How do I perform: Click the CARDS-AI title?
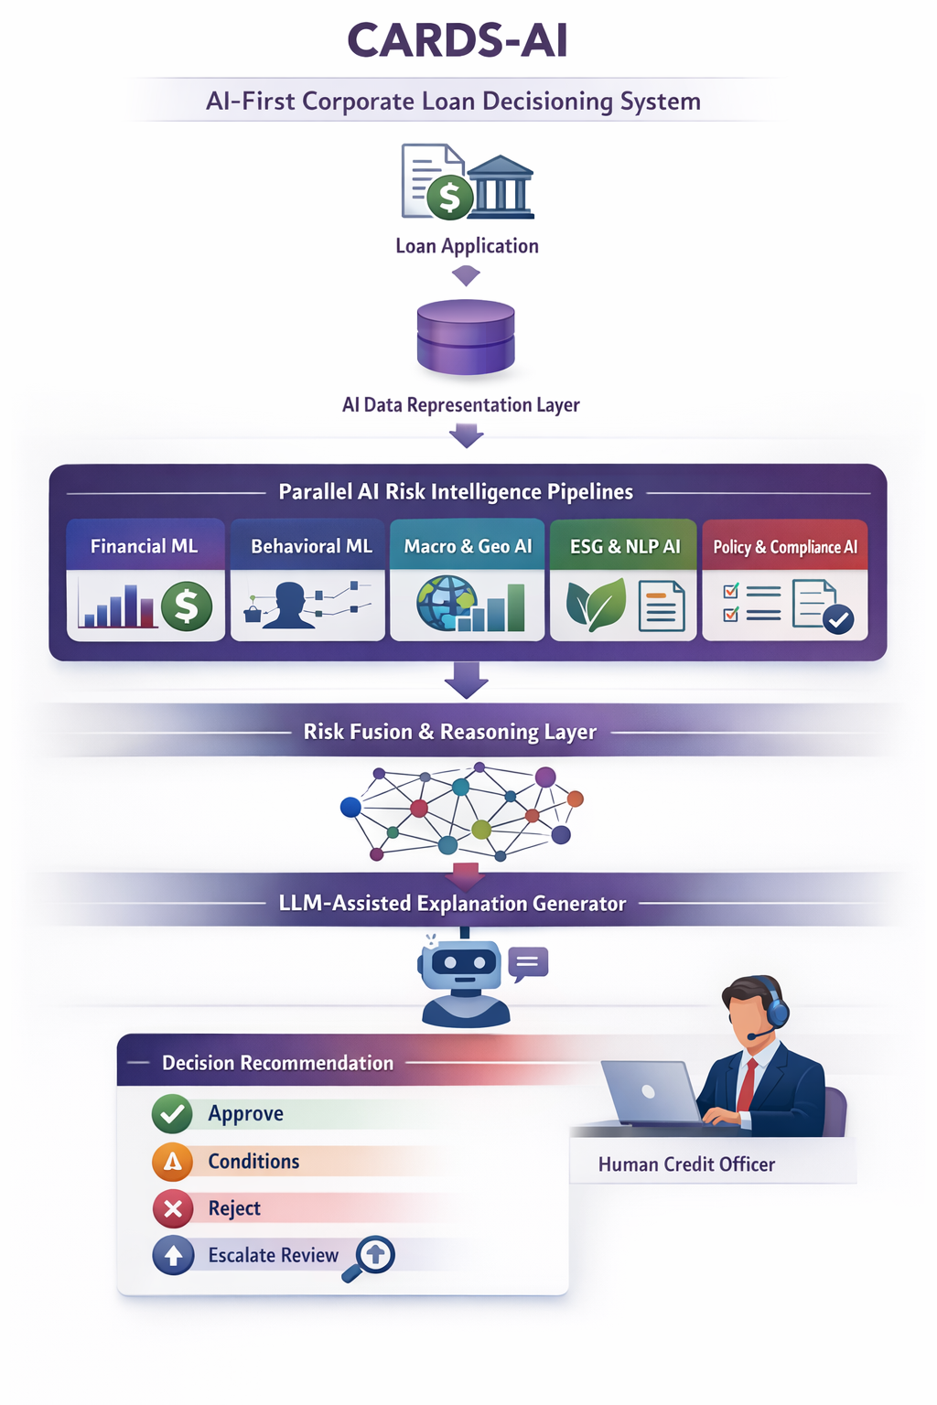pyautogui.click(x=458, y=41)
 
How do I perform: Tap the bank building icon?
pyautogui.click(x=500, y=188)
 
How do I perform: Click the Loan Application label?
pyautogui.click(x=467, y=246)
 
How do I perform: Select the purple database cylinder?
pyautogui.click(x=466, y=336)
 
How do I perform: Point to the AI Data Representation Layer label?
pyautogui.click(x=460, y=404)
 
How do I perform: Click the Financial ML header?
pyautogui.click(x=145, y=546)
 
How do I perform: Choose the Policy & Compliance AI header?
pyautogui.click(x=785, y=547)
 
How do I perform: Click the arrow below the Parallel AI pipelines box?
pyautogui.click(x=467, y=681)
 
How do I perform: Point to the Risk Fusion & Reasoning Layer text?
pyautogui.click(x=449, y=732)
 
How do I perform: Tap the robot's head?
pyautogui.click(x=464, y=964)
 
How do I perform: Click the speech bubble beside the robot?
pyautogui.click(x=528, y=963)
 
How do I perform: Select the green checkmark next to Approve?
pyautogui.click(x=172, y=1114)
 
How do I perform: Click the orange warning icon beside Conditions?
pyautogui.click(x=172, y=1162)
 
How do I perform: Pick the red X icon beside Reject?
pyautogui.click(x=172, y=1209)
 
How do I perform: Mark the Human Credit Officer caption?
pyautogui.click(x=686, y=1164)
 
